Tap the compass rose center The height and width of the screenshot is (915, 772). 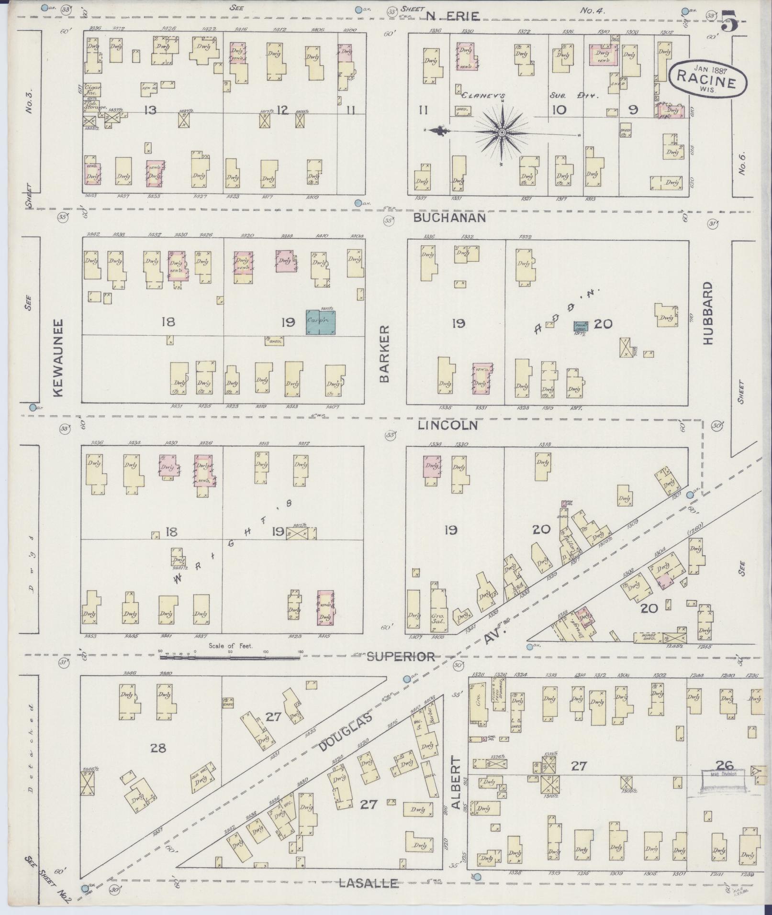(502, 132)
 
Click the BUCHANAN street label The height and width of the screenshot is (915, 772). (449, 218)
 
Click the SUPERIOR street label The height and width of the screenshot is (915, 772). (401, 657)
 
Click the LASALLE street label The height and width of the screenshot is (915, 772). (368, 883)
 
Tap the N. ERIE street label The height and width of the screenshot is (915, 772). (452, 16)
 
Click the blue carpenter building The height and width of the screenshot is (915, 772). (321, 322)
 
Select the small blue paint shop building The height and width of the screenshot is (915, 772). (581, 326)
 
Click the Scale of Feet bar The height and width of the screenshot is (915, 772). (230, 657)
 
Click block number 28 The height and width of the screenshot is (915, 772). (158, 748)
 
